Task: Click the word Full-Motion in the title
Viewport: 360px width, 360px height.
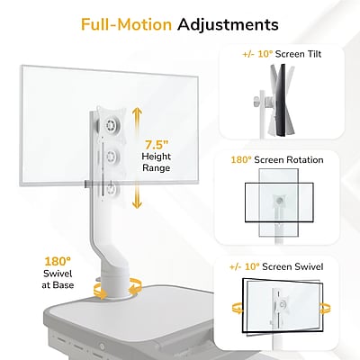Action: (126, 24)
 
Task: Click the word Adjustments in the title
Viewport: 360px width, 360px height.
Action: (228, 25)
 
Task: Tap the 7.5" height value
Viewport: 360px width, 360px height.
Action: (156, 145)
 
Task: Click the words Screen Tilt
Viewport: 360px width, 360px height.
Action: (298, 54)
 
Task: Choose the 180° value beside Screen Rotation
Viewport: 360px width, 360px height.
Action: (241, 160)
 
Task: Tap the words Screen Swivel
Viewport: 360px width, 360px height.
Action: (292, 266)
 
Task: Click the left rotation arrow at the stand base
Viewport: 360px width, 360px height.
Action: (100, 290)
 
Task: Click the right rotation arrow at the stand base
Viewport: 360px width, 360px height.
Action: (136, 286)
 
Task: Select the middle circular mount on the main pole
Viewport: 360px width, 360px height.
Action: (112, 156)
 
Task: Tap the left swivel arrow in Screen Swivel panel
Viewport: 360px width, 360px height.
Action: (238, 308)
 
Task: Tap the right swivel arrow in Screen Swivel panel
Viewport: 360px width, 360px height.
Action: (325, 308)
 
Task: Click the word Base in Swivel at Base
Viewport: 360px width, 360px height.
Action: (63, 284)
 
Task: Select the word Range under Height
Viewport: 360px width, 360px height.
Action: (156, 168)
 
